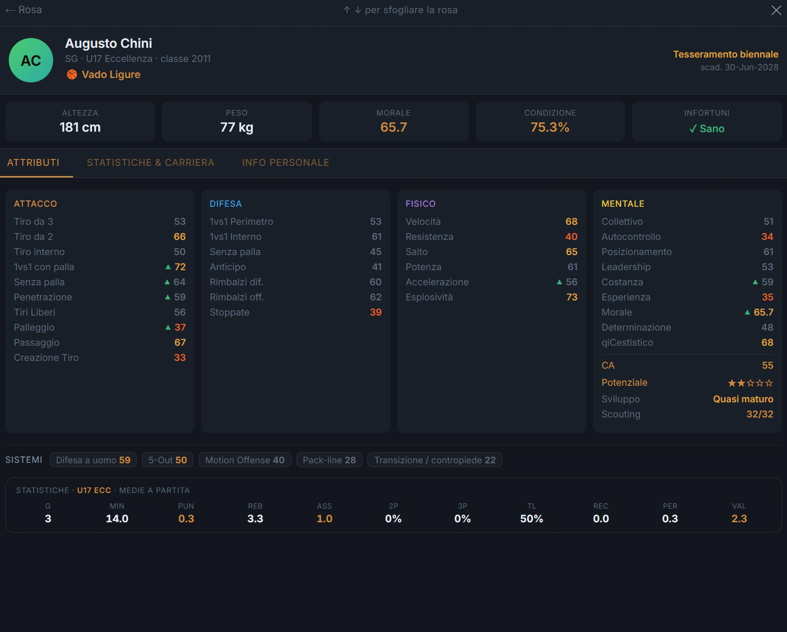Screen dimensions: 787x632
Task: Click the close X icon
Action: (776, 10)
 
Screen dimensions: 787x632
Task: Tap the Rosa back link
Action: (24, 10)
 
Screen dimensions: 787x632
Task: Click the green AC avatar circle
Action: (31, 60)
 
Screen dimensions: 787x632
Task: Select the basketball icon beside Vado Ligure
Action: (72, 75)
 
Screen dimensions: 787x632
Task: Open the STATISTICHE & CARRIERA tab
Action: (151, 162)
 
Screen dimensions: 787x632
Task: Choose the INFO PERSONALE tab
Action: (286, 162)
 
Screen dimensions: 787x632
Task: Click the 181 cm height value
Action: (80, 127)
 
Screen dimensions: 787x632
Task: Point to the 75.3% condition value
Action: (550, 127)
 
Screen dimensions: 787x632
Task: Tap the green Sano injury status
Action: (707, 128)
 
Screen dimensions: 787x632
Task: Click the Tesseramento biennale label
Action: (726, 54)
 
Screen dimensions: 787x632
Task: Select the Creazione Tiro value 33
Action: (180, 357)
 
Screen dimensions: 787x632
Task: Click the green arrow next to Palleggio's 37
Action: (168, 327)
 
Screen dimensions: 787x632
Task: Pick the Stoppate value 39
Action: (376, 312)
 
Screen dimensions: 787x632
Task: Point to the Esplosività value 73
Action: (572, 297)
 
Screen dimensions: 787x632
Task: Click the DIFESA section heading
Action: (226, 204)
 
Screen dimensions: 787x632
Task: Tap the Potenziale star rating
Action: (750, 383)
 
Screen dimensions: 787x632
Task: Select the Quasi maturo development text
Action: (743, 399)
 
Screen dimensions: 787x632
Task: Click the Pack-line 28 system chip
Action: (329, 460)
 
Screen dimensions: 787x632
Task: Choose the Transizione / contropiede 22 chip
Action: (435, 460)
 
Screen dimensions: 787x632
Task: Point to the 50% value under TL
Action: (531, 518)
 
